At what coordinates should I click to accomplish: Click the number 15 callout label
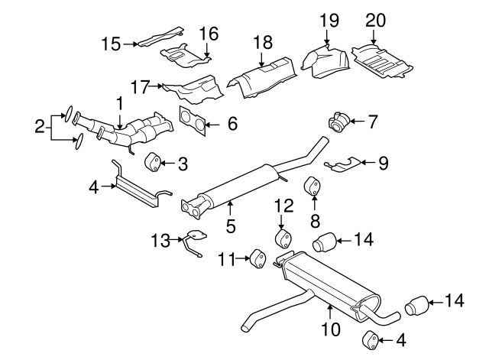click(x=111, y=44)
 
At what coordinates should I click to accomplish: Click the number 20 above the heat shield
click(x=376, y=19)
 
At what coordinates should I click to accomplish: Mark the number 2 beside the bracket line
click(x=40, y=127)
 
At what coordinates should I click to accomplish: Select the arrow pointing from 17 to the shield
click(x=157, y=86)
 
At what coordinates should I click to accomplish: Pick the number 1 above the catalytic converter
click(x=119, y=101)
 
